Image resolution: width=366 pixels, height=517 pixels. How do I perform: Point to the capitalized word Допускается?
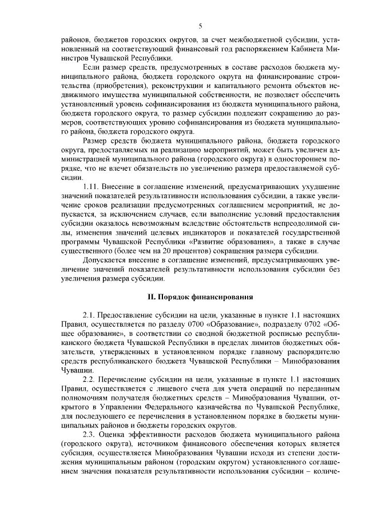pyautogui.click(x=105, y=260)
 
